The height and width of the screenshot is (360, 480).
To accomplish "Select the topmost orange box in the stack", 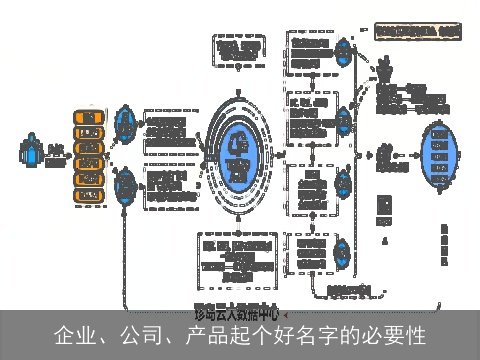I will pyautogui.click(x=89, y=118).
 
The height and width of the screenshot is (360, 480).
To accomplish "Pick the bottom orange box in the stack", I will pyautogui.click(x=89, y=192).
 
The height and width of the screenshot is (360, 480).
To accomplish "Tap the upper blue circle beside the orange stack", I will pyautogui.click(x=126, y=124).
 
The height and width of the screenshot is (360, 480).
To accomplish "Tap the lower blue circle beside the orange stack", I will pyautogui.click(x=126, y=187).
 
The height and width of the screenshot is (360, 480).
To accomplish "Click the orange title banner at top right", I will pyautogui.click(x=418, y=32).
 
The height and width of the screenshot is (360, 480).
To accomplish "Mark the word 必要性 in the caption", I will pyautogui.click(x=397, y=335).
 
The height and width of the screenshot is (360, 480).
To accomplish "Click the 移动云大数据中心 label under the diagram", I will pyautogui.click(x=237, y=311).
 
